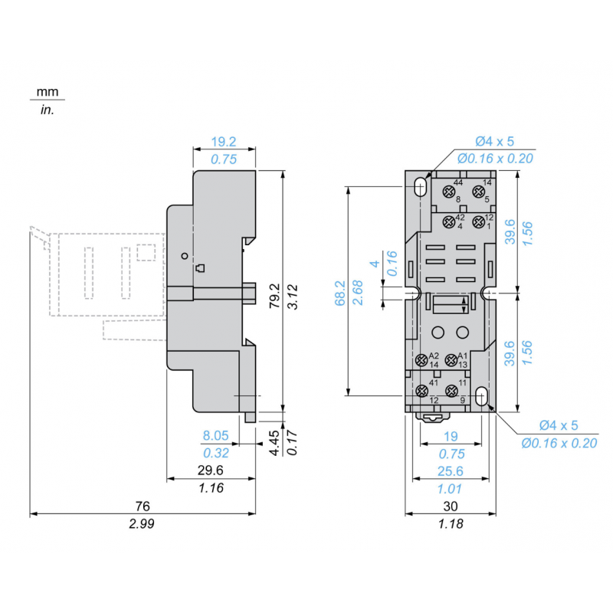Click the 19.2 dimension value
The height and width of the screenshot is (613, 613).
click(224, 142)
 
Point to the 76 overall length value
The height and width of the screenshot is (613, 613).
click(143, 506)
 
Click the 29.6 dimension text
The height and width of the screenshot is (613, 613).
click(211, 470)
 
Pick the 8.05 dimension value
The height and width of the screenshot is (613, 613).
click(215, 435)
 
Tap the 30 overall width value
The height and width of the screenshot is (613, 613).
click(451, 506)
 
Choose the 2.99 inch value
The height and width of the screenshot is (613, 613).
click(143, 524)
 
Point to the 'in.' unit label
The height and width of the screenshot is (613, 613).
click(47, 110)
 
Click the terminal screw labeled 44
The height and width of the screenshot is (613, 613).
click(447, 190)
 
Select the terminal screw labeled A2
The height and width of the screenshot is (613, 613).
click(421, 360)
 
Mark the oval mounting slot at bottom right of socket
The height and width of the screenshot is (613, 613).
click(482, 396)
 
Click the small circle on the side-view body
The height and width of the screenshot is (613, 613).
click(184, 255)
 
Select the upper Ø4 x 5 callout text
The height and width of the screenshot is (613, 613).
click(494, 142)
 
